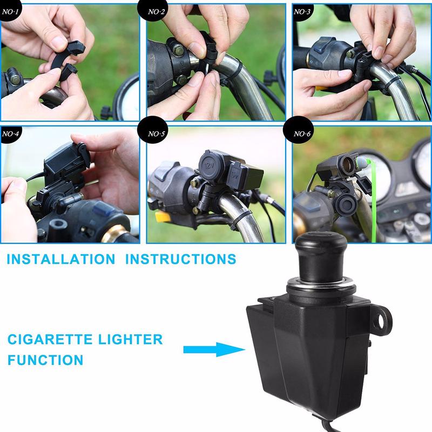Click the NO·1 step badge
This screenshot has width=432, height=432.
[x=11, y=10]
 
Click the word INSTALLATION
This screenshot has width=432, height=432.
[x=61, y=259]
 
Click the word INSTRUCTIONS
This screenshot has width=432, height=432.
[x=180, y=259]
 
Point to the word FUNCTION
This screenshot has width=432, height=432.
[x=45, y=360]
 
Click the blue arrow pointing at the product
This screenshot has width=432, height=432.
[x=207, y=350]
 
